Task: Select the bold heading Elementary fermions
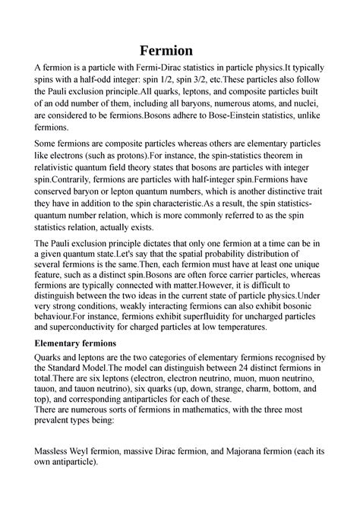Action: tap(84, 343)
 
